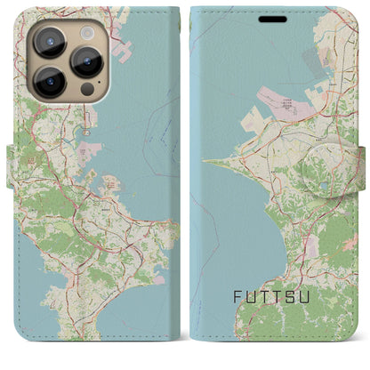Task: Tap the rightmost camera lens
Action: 88,60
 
